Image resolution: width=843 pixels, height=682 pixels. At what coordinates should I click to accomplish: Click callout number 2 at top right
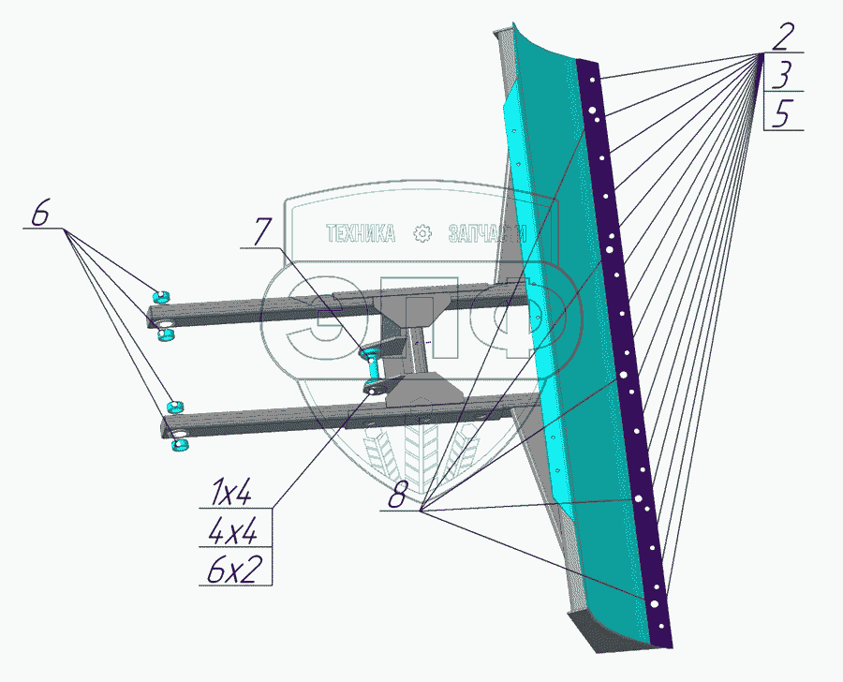[x=784, y=37]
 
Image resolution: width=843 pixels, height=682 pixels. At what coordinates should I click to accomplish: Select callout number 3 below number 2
[x=784, y=74]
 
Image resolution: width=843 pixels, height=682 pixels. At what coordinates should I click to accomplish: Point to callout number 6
[x=40, y=214]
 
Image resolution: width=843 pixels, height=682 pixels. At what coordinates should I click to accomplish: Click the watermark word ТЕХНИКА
[x=361, y=234]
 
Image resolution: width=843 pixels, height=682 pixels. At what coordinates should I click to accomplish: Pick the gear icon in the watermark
[x=423, y=233]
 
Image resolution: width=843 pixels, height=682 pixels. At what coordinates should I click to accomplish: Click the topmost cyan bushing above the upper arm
[x=160, y=296]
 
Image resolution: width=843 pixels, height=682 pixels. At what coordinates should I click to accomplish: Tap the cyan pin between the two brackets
[x=372, y=368]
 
